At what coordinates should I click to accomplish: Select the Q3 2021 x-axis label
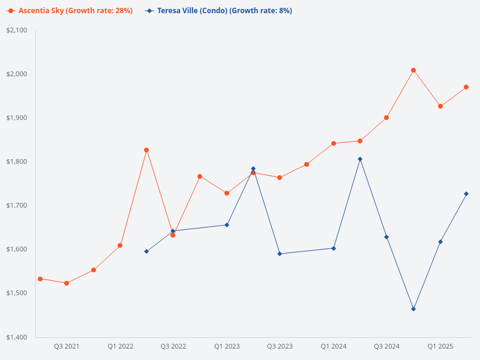click(67, 347)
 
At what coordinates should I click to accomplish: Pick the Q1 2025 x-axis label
click(440, 347)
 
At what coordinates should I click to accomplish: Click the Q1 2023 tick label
click(227, 347)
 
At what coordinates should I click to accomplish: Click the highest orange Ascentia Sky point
click(413, 70)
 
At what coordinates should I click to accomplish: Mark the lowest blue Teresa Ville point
click(413, 309)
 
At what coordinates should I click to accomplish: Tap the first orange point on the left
click(40, 279)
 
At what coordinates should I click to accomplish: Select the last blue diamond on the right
click(466, 194)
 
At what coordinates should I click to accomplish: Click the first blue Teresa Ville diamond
click(146, 251)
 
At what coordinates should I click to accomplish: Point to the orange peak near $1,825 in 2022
click(146, 150)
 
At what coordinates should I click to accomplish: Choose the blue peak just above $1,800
click(360, 159)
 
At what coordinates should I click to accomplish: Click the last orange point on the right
click(466, 87)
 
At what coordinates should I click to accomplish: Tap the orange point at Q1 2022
click(120, 245)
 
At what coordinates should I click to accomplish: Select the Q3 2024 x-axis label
click(387, 347)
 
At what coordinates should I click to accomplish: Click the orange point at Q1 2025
click(440, 106)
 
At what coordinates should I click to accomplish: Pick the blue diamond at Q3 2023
click(280, 254)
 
